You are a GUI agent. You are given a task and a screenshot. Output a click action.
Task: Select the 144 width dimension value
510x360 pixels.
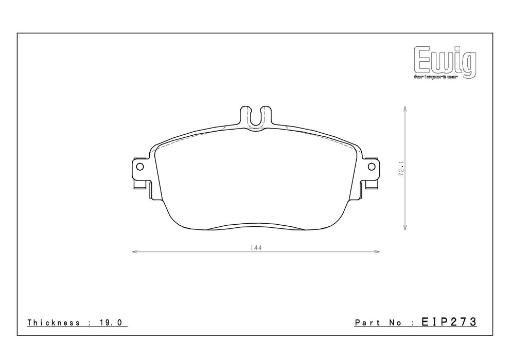[256, 248]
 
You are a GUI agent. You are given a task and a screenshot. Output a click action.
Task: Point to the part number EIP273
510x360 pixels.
[449, 322]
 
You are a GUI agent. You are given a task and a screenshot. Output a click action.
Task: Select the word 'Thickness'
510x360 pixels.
[54, 322]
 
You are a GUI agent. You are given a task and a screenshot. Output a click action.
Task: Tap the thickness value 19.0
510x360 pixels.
[110, 322]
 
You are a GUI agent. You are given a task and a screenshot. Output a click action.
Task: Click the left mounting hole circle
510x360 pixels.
[140, 167]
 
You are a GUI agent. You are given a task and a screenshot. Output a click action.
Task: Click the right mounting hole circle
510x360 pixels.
[372, 167]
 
